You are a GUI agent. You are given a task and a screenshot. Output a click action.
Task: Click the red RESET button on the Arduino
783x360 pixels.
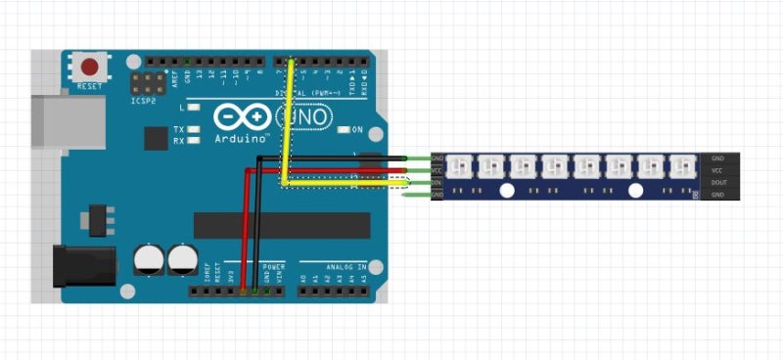tap(91, 67)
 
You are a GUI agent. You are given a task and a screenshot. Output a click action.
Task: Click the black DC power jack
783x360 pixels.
tap(82, 266)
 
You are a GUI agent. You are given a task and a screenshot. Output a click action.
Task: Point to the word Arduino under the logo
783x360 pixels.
tap(242, 139)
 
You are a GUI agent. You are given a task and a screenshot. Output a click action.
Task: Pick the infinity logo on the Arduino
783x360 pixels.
tap(242, 117)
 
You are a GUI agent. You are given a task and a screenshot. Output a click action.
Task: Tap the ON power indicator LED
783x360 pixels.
tap(343, 130)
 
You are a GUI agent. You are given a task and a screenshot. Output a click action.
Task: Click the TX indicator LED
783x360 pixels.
tap(194, 129)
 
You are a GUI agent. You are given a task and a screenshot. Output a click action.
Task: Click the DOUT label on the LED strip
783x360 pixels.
tap(718, 182)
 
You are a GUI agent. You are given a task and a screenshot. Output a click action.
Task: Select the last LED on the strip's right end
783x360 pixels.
tap(681, 165)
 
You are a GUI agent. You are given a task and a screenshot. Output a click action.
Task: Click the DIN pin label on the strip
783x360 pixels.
tap(438, 182)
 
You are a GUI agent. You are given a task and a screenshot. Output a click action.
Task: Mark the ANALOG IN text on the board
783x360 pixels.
tap(346, 266)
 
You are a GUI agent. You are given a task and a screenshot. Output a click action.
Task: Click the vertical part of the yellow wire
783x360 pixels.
tap(289, 117)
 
